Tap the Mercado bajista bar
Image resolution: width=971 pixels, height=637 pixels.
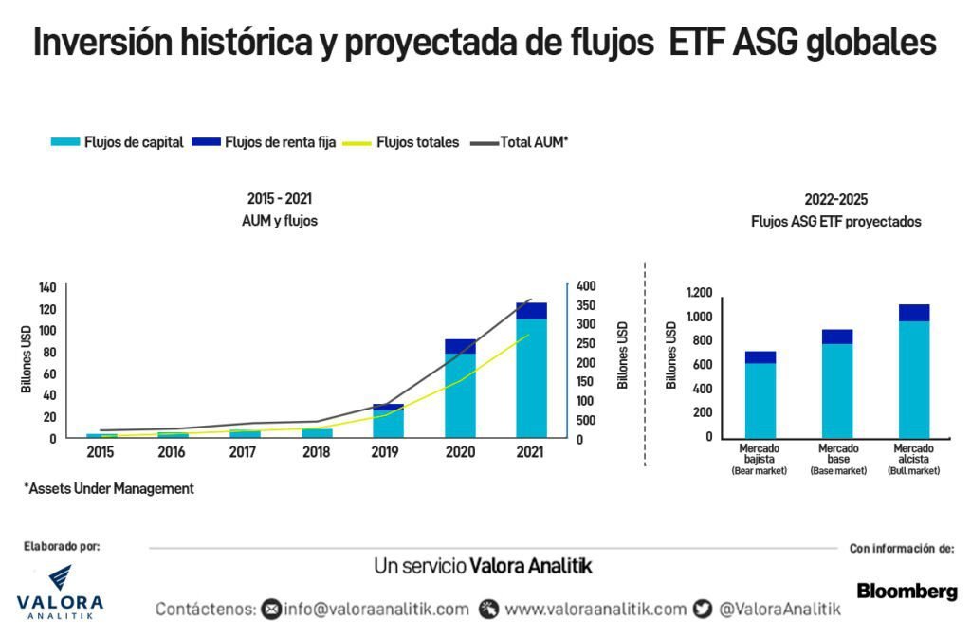(x=760, y=394)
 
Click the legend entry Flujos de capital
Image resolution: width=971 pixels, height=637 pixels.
(x=117, y=142)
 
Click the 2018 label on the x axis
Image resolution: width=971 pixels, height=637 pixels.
(x=317, y=453)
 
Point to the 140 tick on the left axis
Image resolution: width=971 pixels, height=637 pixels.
(x=47, y=287)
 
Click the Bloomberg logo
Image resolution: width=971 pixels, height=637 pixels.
(x=907, y=591)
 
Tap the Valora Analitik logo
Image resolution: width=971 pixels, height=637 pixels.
(x=60, y=592)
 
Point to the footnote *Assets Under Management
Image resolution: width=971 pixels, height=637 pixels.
(x=108, y=489)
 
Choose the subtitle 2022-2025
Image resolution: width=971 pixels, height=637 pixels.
(x=835, y=200)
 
